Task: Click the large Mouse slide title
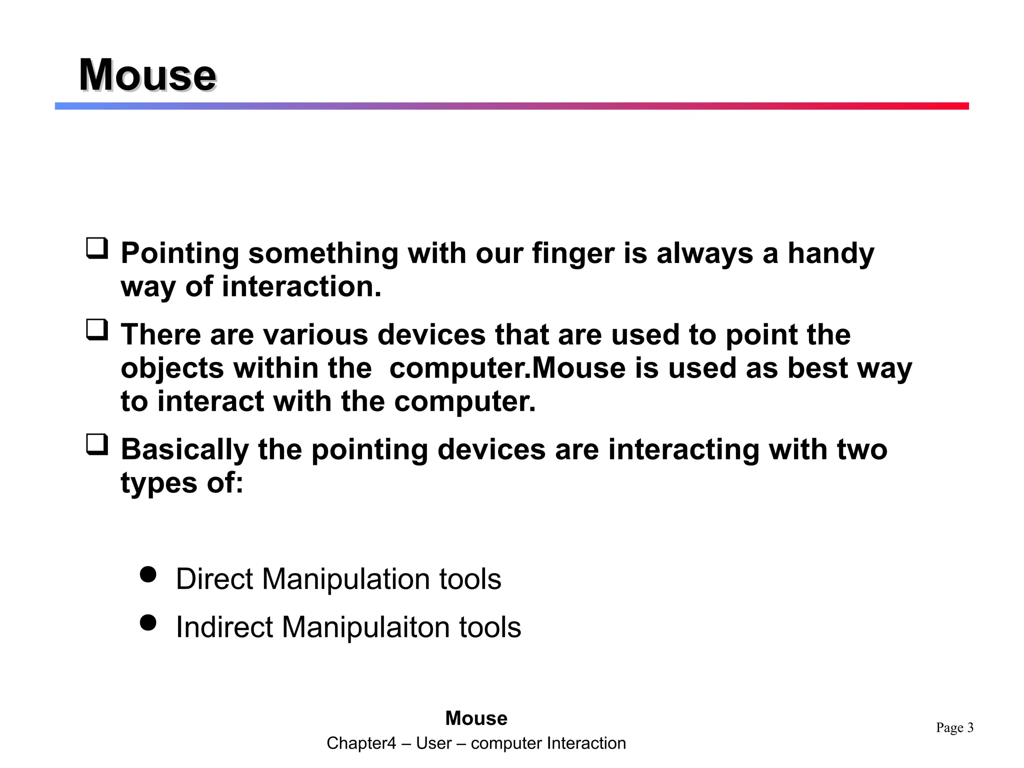[x=147, y=75]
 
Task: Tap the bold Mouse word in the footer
[x=476, y=718]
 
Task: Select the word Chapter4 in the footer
[x=361, y=743]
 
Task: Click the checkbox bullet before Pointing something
[x=97, y=248]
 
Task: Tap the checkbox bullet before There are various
[x=97, y=330]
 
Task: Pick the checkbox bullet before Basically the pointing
[x=97, y=444]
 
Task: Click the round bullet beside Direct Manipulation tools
[x=148, y=574]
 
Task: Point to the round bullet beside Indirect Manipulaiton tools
[x=148, y=623]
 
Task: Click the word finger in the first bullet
[x=572, y=253]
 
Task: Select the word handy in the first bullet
[x=831, y=253]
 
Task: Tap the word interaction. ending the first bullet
[x=301, y=287]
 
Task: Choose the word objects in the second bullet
[x=172, y=368]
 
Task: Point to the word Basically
[x=185, y=449]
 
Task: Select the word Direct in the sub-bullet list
[x=214, y=579]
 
